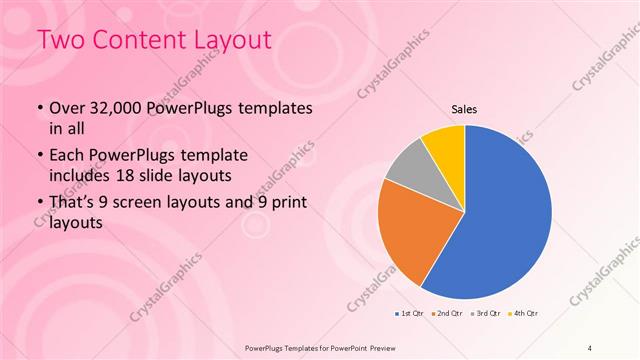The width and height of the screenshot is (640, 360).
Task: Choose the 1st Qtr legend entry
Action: (x=410, y=314)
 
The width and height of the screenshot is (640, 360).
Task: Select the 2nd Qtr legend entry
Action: (x=446, y=314)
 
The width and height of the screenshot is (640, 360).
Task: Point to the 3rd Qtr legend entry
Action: (x=486, y=314)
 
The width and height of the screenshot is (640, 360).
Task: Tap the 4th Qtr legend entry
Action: (x=524, y=314)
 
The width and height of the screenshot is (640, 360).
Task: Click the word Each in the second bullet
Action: (x=67, y=157)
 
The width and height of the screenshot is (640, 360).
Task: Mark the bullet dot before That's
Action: (x=39, y=205)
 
